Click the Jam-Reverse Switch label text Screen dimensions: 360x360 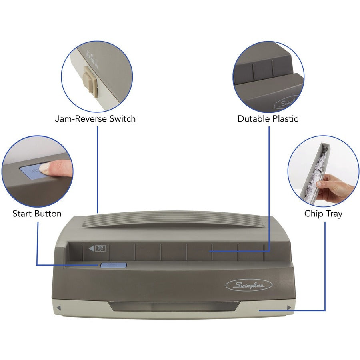(95, 118)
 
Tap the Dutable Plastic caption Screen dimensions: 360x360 (268, 118)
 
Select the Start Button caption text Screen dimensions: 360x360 (37, 214)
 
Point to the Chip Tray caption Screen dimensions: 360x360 (323, 214)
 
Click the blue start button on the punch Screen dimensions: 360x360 (113, 265)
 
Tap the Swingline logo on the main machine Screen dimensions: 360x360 (248, 285)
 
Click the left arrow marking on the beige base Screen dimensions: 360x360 (58, 308)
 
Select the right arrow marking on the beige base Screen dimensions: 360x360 (289, 308)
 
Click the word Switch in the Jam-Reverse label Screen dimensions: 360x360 (121, 118)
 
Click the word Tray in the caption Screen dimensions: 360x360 (334, 214)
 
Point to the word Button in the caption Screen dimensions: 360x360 (48, 214)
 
